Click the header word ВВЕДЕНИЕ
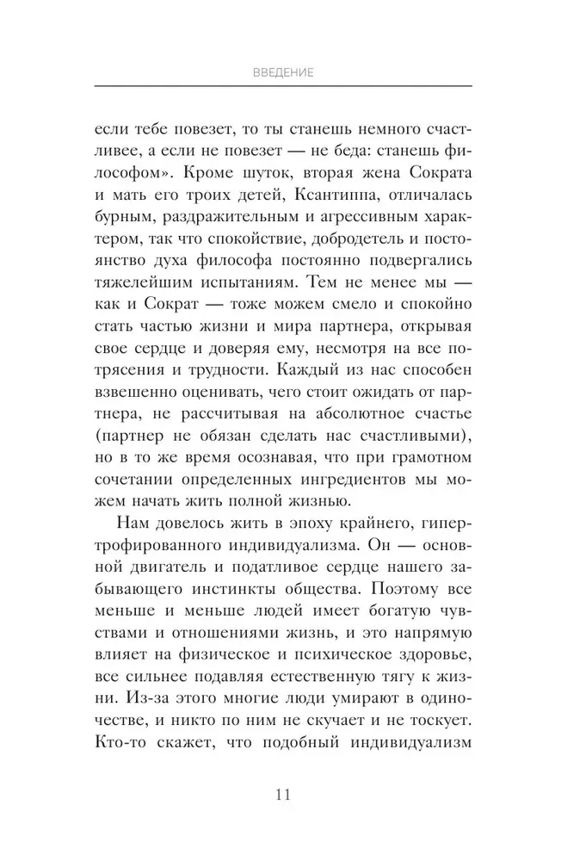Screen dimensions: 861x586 click(x=283, y=73)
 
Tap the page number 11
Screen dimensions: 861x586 click(x=283, y=794)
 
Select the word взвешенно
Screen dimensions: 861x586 click(x=140, y=407)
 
